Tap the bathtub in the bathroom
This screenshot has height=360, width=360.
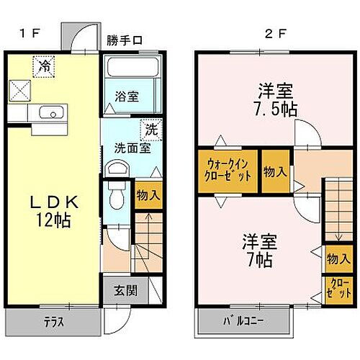[x=131, y=71]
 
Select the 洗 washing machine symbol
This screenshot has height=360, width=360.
[x=150, y=130]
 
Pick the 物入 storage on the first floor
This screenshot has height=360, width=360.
[x=148, y=195]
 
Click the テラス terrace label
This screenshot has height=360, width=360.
[x=51, y=322]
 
